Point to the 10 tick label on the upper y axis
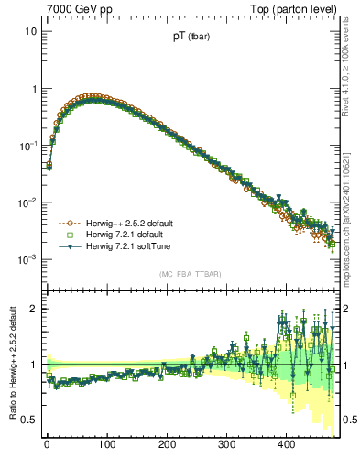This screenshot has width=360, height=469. coord(30,31)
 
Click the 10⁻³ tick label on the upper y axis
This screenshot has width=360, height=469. coord(27,259)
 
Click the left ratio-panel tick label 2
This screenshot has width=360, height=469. coord(33,309)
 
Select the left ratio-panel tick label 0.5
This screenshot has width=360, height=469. coord(29,420)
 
